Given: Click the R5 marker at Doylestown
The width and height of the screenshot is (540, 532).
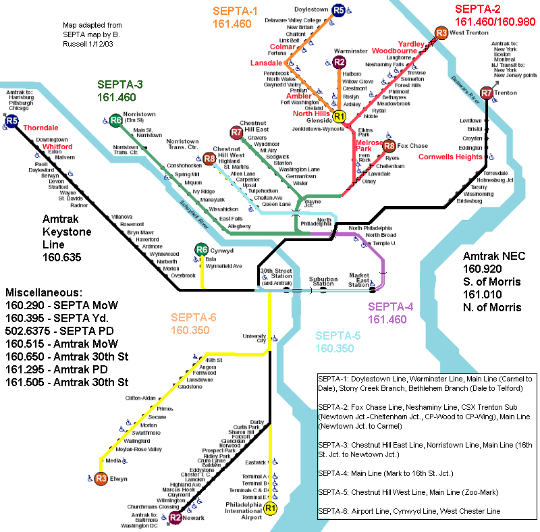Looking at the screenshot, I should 338,10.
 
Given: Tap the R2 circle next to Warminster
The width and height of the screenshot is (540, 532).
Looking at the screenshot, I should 339,63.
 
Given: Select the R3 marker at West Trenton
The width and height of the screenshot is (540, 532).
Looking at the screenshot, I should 441,32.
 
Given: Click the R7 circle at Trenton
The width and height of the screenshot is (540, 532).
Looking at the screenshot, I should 487,92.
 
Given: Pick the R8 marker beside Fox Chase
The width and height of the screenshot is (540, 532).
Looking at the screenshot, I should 389,145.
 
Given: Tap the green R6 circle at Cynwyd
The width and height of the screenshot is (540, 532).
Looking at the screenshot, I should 201,250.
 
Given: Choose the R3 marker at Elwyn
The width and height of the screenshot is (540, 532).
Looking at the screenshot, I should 101,478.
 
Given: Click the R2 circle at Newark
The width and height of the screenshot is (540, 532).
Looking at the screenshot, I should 175,518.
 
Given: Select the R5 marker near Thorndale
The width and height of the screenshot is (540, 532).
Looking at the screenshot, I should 12,122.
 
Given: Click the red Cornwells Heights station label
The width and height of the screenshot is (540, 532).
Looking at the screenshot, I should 450,157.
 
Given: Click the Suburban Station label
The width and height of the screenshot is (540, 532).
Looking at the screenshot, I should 323,281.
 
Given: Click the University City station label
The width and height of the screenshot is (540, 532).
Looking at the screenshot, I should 255,338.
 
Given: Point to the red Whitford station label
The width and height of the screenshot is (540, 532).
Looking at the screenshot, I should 57,146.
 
